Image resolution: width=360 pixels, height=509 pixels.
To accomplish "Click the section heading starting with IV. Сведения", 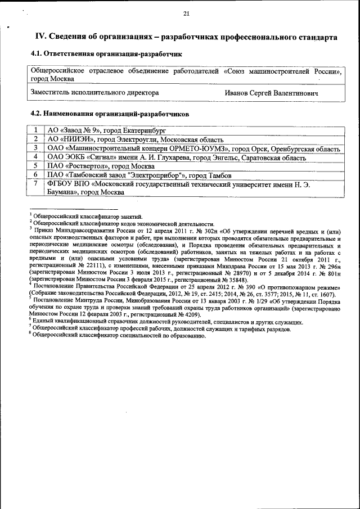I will tap(186, 37).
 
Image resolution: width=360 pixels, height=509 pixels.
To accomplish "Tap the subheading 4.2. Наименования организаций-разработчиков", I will tap(109, 114).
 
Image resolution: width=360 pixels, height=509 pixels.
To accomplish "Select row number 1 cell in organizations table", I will tap(35, 130).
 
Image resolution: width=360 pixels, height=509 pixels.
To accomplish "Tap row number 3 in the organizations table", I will tap(35, 148).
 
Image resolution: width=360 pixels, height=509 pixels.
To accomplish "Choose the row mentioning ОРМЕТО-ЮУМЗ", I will tap(193, 148).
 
